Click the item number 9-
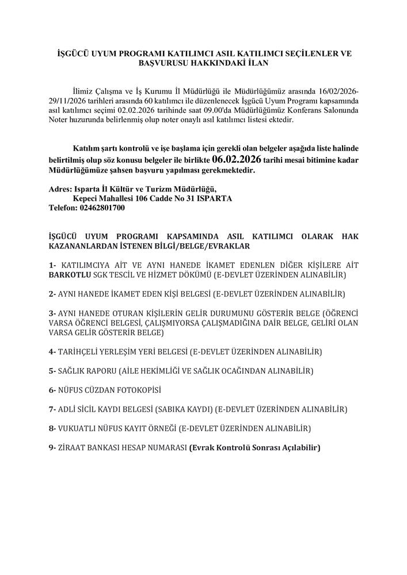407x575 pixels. (52, 447)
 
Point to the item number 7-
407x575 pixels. (52, 409)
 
